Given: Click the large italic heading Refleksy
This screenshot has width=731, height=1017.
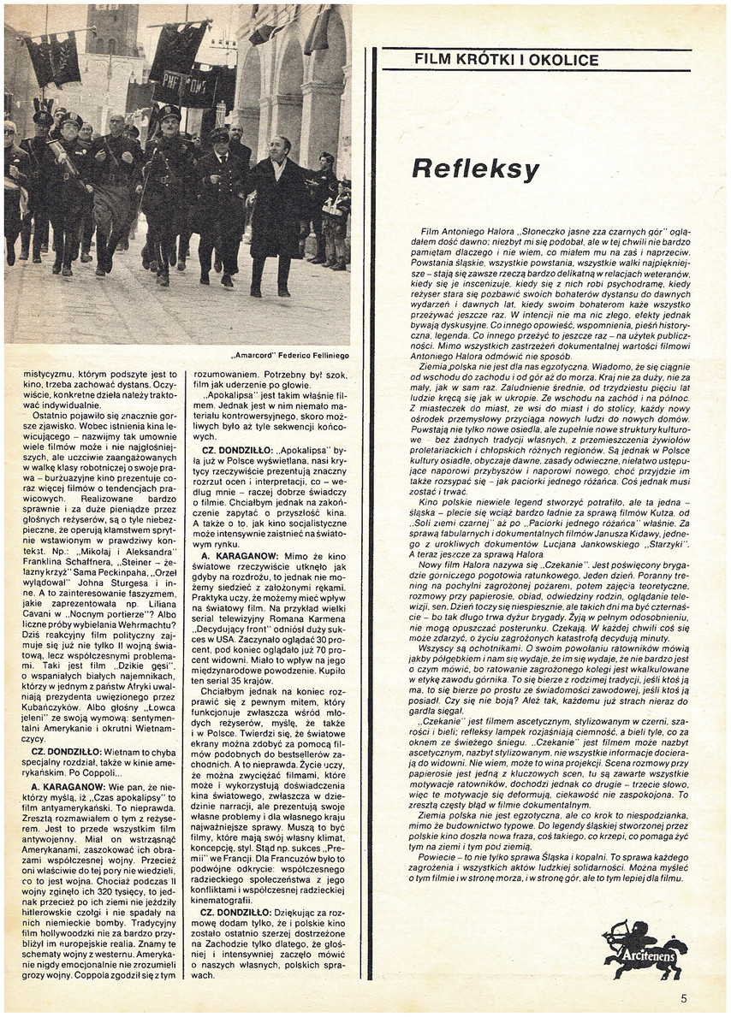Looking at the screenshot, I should point(475,169).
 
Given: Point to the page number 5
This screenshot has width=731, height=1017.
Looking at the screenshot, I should point(684,997).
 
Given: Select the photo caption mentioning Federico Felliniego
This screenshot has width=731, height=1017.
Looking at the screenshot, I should point(289,355).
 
